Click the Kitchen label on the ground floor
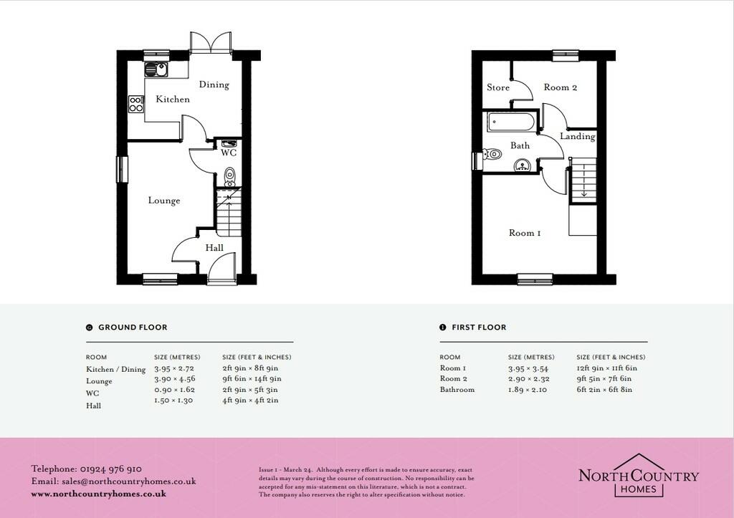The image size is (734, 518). pyautogui.click(x=173, y=99)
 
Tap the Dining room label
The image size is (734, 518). pyautogui.click(x=214, y=85)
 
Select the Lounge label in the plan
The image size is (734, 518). pyautogui.click(x=164, y=201)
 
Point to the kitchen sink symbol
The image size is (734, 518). pyautogui.click(x=156, y=69)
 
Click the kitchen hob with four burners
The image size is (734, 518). pyautogui.click(x=135, y=104)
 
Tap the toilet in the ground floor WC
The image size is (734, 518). pyautogui.click(x=229, y=177)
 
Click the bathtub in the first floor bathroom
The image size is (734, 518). pyautogui.click(x=510, y=122)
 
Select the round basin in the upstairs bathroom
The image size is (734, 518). pyautogui.click(x=522, y=166)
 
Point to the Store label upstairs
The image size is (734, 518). pyautogui.click(x=498, y=87)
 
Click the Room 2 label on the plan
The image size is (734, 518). pyautogui.click(x=561, y=87)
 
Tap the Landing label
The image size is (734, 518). pyautogui.click(x=578, y=136)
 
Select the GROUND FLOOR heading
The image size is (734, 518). pyautogui.click(x=133, y=327)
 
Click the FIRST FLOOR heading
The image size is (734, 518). pyautogui.click(x=479, y=327)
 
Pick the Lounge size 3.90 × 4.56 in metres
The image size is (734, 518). pyautogui.click(x=175, y=378)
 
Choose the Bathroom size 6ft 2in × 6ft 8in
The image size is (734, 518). pyautogui.click(x=604, y=389)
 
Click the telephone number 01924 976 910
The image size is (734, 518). pyautogui.click(x=111, y=469)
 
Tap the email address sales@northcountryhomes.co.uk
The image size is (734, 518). pyautogui.click(x=129, y=481)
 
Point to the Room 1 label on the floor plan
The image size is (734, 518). pyautogui.click(x=525, y=233)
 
